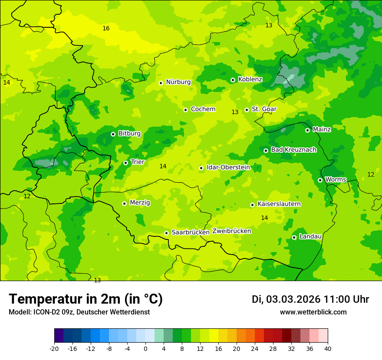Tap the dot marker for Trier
tap(125, 163)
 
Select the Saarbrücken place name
tap(191, 232)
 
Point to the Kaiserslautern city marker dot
tap(252, 205)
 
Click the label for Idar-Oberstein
tap(228, 167)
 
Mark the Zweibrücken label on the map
tap(231, 231)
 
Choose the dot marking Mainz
tap(307, 130)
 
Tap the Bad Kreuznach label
tap(293, 150)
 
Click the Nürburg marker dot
tap(161, 83)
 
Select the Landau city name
tap(310, 236)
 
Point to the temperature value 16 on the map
tap(106, 29)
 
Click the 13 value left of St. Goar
tap(235, 112)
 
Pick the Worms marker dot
tap(320, 180)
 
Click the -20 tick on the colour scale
tap(54, 349)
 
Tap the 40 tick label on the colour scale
tap(328, 349)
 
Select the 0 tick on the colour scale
tap(145, 349)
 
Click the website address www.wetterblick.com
tap(313, 312)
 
